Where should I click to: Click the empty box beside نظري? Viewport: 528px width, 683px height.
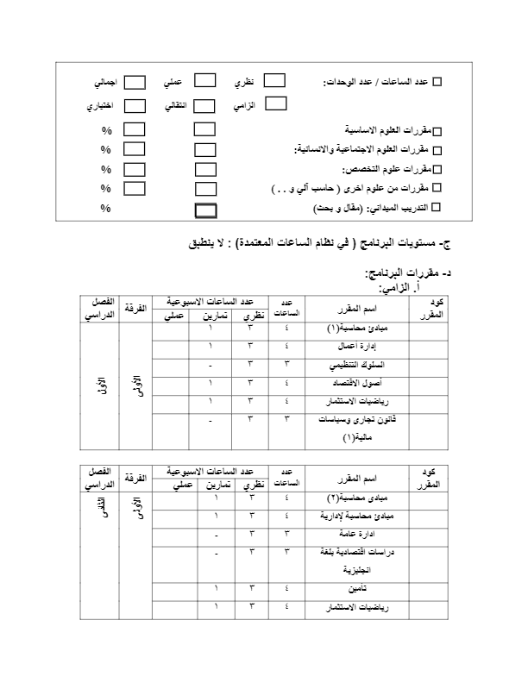pos(273,81)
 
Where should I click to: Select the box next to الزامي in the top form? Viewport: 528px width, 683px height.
pos(275,103)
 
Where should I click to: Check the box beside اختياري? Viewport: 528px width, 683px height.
pos(135,106)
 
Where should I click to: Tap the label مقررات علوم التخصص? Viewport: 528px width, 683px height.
pos(387,169)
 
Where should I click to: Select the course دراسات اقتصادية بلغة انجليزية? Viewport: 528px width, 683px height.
pos(358,561)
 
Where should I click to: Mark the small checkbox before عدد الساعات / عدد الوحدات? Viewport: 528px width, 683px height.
pos(436,82)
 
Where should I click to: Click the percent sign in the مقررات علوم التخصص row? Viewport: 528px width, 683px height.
pos(106,169)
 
